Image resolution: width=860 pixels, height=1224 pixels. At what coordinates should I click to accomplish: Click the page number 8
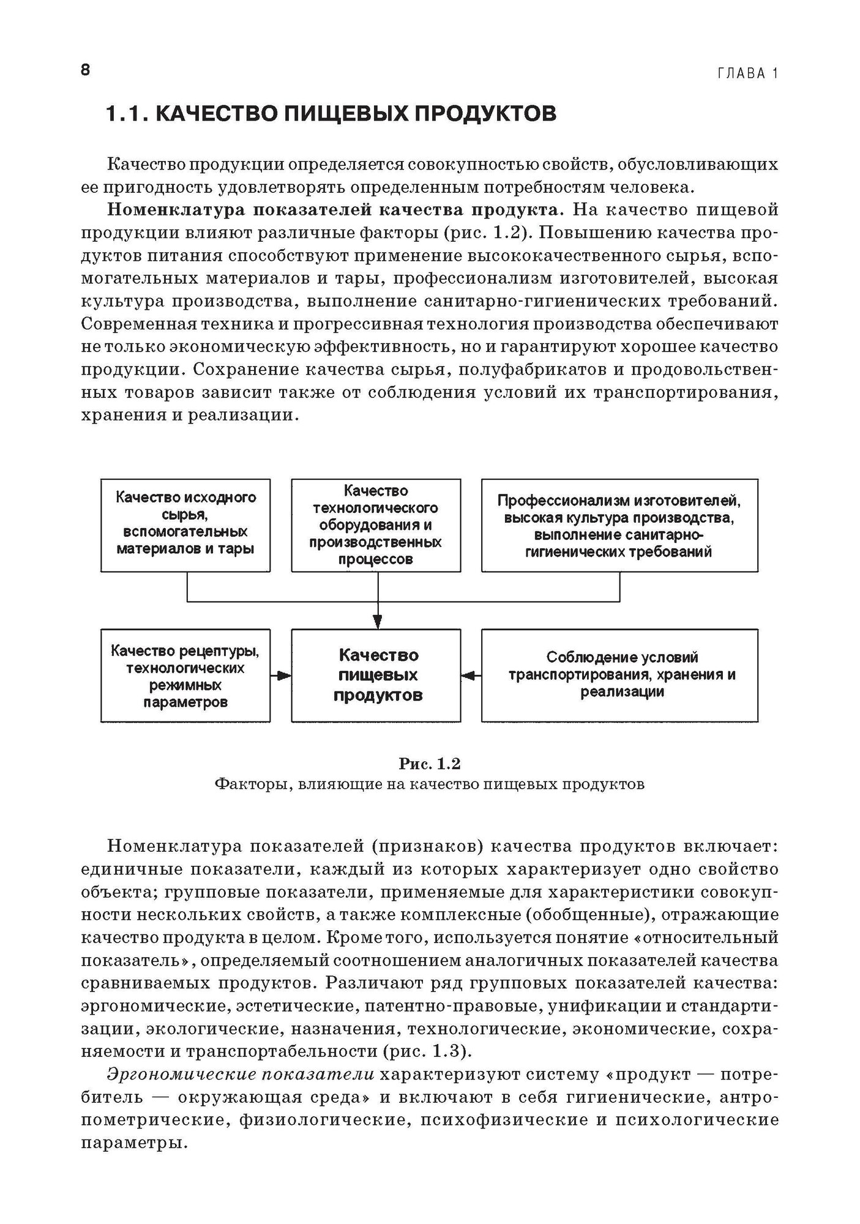pyautogui.click(x=85, y=70)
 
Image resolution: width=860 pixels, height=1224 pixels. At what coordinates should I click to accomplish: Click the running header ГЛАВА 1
pyautogui.click(x=747, y=74)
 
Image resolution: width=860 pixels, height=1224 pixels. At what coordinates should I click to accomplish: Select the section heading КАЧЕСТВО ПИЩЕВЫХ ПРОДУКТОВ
pyautogui.click(x=331, y=114)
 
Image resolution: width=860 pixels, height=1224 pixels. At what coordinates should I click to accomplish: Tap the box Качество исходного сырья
pyautogui.click(x=185, y=524)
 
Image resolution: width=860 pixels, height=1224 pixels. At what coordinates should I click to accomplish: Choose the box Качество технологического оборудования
pyautogui.click(x=376, y=524)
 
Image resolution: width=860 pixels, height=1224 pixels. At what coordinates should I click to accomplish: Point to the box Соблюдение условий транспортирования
pyautogui.click(x=619, y=675)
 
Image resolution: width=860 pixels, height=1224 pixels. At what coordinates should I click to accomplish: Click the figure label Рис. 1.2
pyautogui.click(x=429, y=764)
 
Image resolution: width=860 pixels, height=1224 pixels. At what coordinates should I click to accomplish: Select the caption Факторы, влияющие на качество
pyautogui.click(x=429, y=785)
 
